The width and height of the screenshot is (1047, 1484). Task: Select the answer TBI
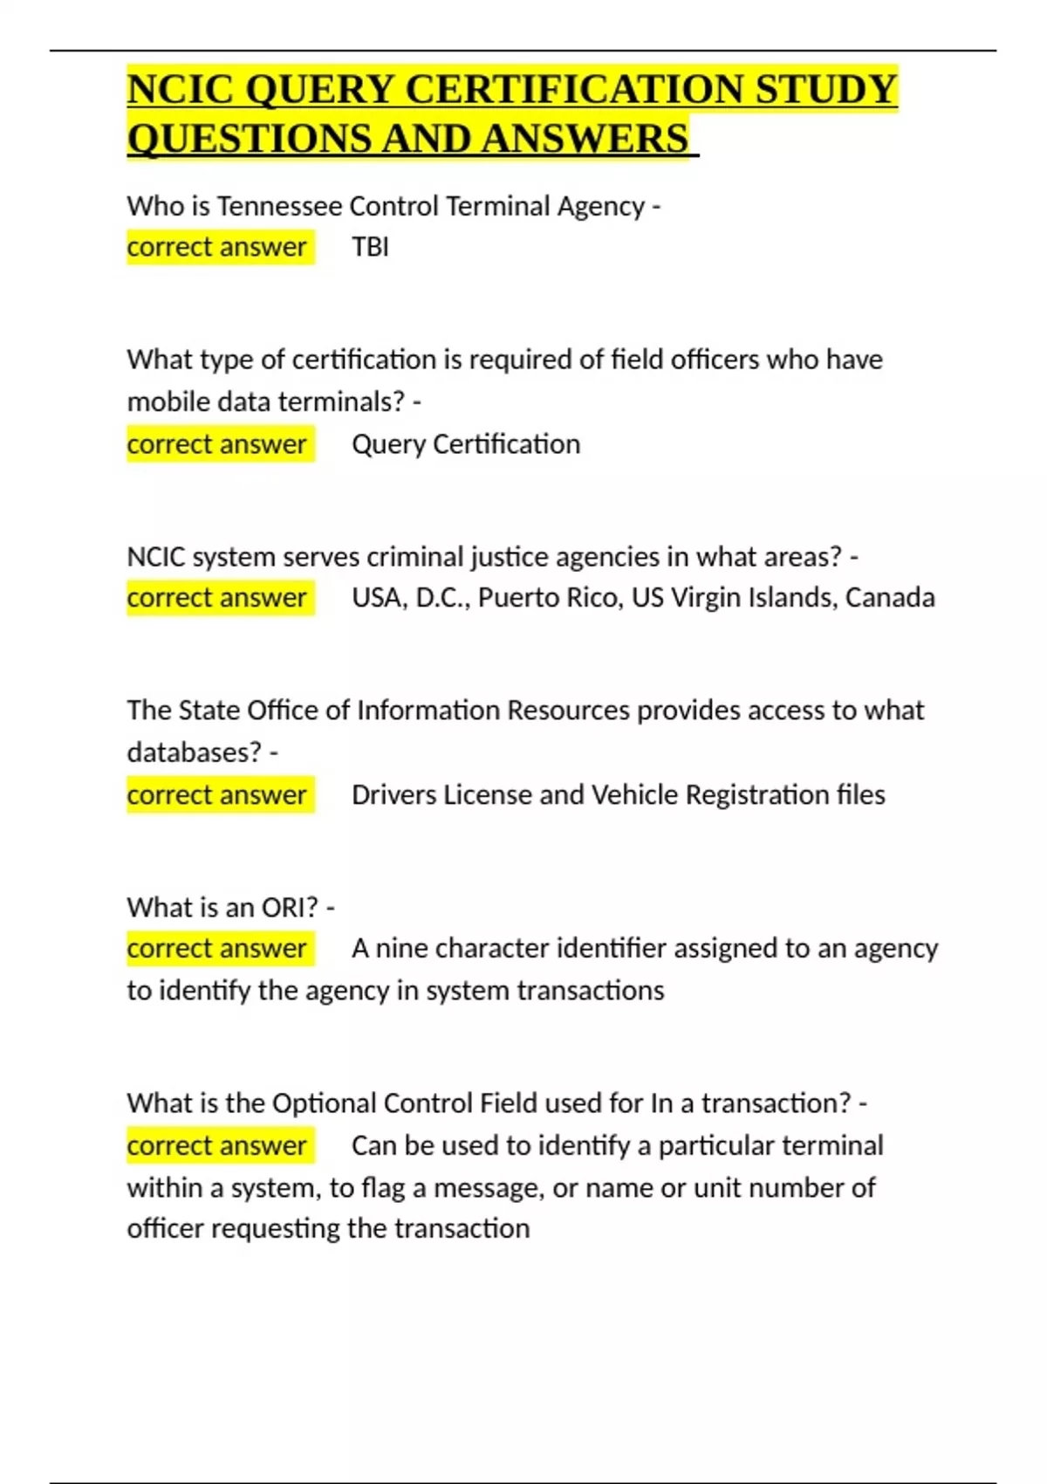370,248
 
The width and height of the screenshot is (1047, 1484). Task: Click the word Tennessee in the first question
279,207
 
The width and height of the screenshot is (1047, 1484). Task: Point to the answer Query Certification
466,444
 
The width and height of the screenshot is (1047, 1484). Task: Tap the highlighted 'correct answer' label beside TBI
217,248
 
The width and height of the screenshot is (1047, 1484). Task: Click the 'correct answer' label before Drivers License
217,795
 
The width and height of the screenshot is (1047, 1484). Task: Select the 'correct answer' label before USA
217,598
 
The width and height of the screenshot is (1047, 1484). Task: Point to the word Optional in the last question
324,1103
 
